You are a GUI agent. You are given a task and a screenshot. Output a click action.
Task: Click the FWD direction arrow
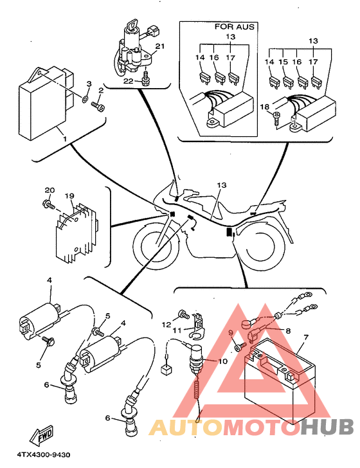tap(41, 434)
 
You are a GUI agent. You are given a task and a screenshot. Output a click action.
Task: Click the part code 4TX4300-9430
tap(44, 455)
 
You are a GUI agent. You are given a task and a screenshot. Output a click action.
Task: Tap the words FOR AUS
tap(235, 27)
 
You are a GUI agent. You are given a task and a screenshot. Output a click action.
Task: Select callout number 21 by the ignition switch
tap(160, 46)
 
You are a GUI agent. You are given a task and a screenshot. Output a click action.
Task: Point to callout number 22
tap(129, 81)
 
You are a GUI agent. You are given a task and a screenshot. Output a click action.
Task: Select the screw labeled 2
tap(98, 105)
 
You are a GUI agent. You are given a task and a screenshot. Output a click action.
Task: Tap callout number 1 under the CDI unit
tap(64, 139)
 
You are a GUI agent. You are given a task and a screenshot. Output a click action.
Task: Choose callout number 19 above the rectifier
tap(69, 196)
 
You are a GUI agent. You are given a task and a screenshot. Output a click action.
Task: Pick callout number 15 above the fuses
tap(283, 62)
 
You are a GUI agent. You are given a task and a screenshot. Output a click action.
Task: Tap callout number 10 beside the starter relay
tap(222, 361)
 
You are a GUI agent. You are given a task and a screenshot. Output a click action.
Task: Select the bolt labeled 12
tap(183, 314)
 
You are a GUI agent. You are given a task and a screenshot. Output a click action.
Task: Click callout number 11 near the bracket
tap(177, 330)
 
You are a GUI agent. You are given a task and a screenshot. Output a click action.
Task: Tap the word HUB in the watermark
tap(327, 426)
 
